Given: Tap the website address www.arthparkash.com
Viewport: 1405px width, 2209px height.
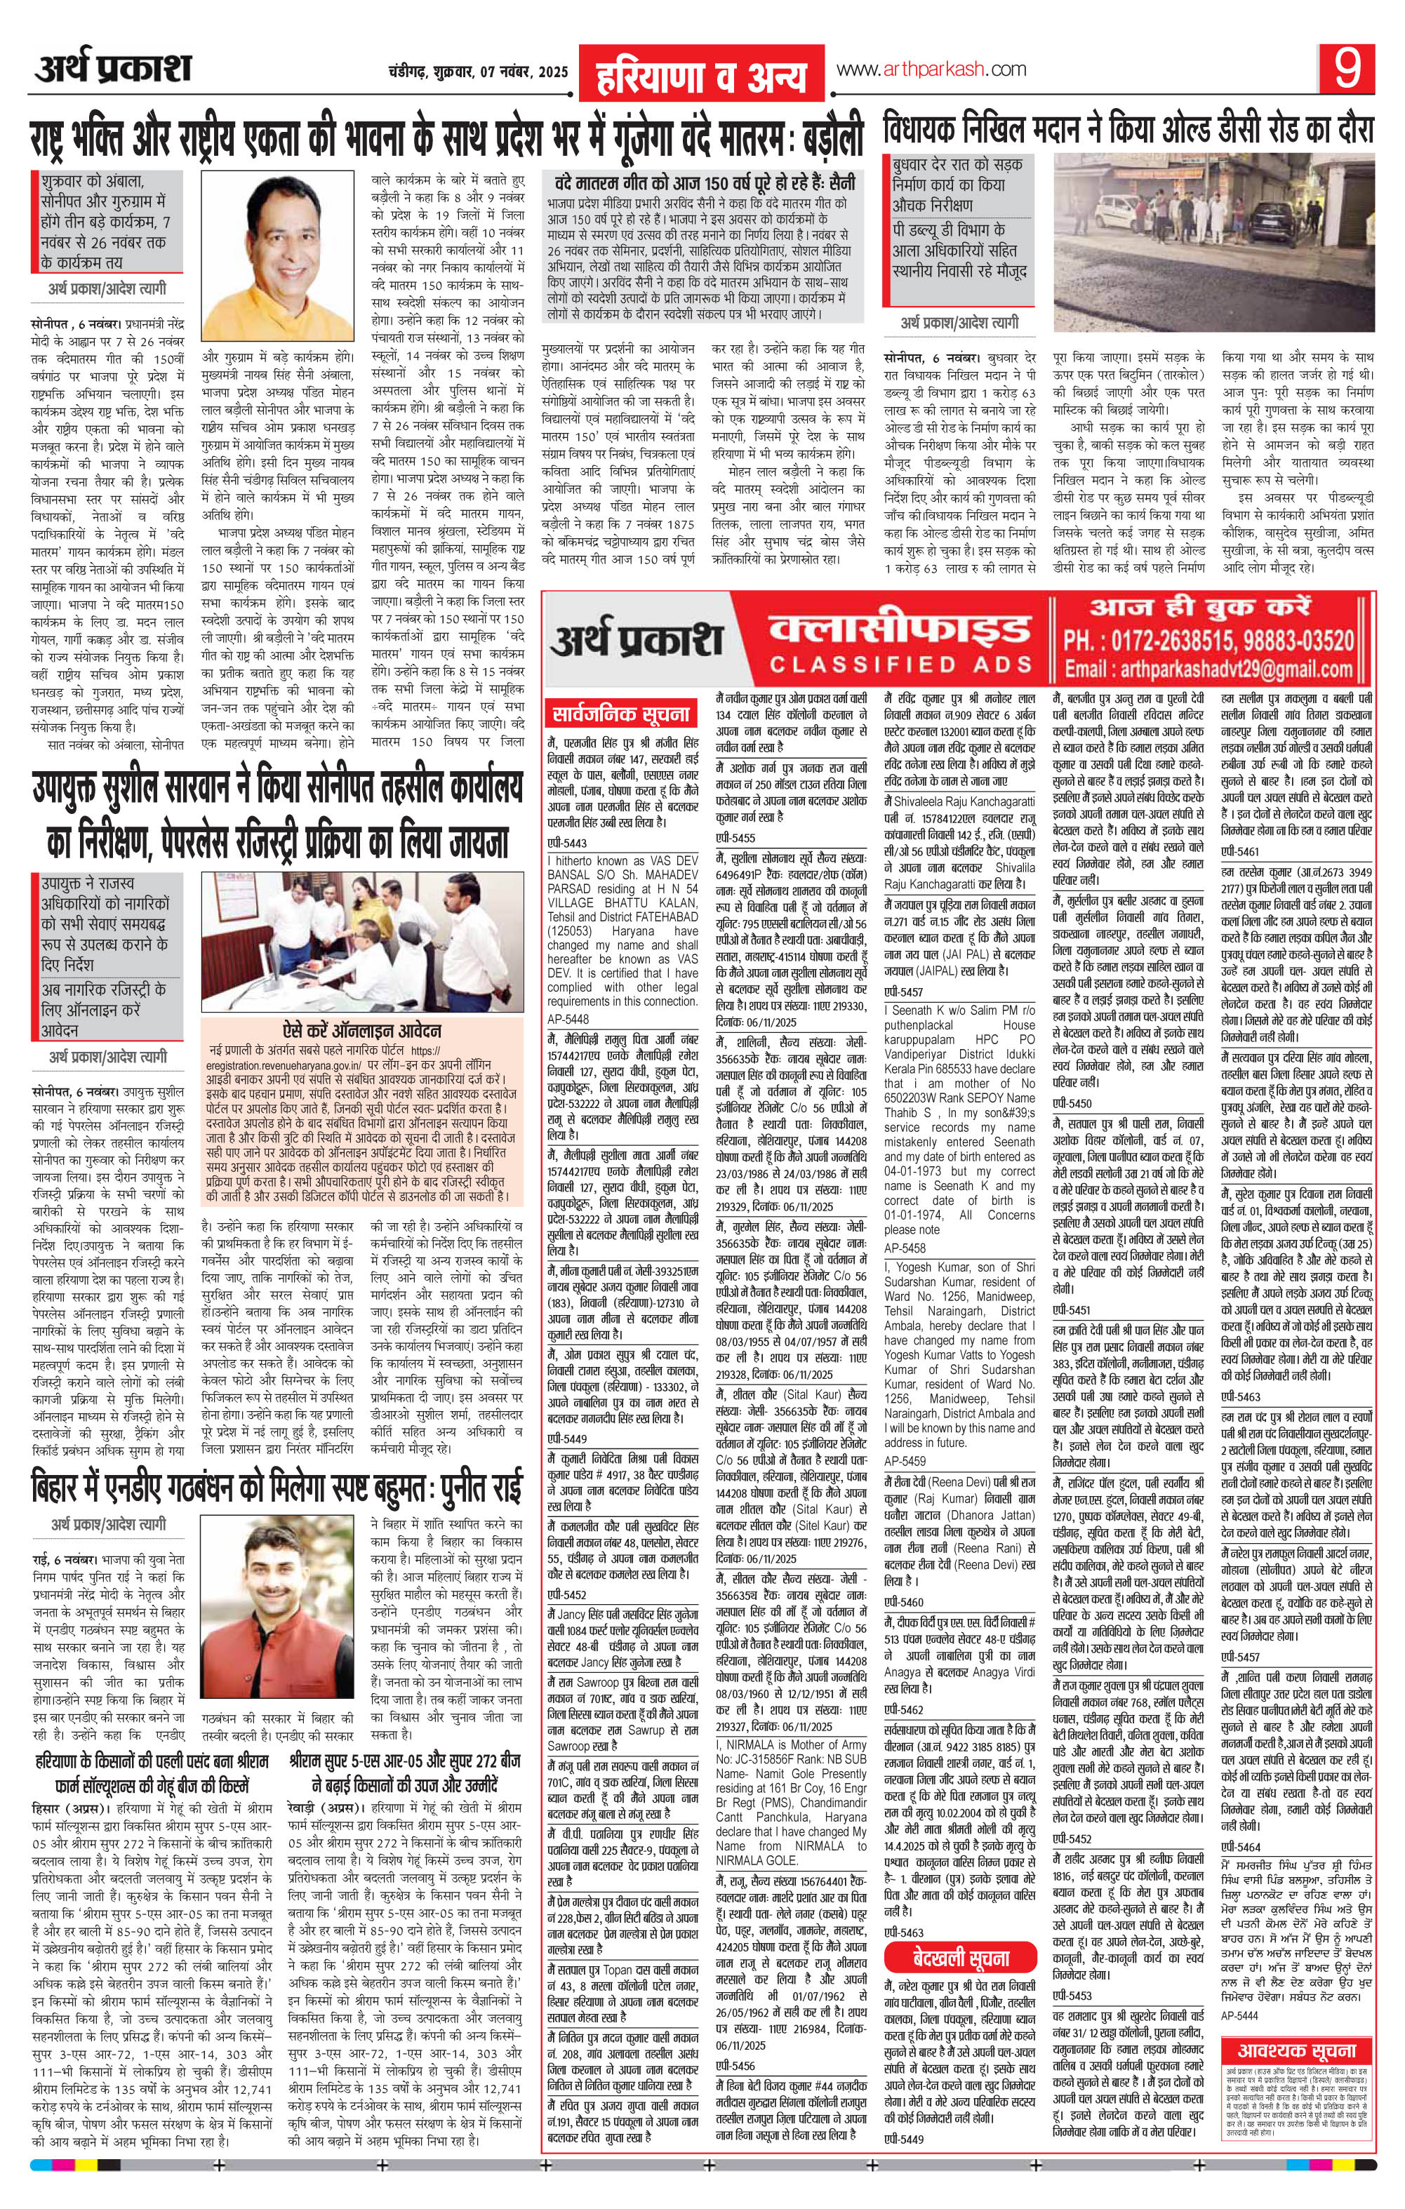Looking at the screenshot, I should point(930,69).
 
